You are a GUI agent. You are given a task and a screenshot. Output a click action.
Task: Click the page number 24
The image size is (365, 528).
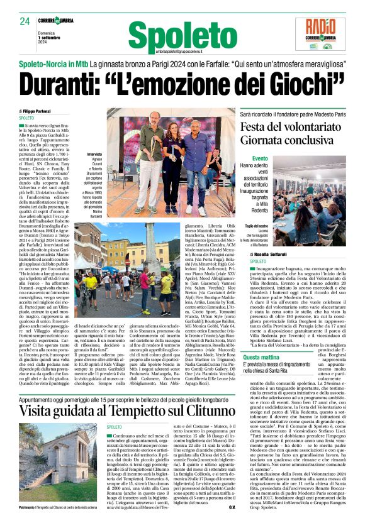click(25, 21)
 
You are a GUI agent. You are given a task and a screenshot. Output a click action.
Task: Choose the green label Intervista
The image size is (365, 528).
click(96, 154)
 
